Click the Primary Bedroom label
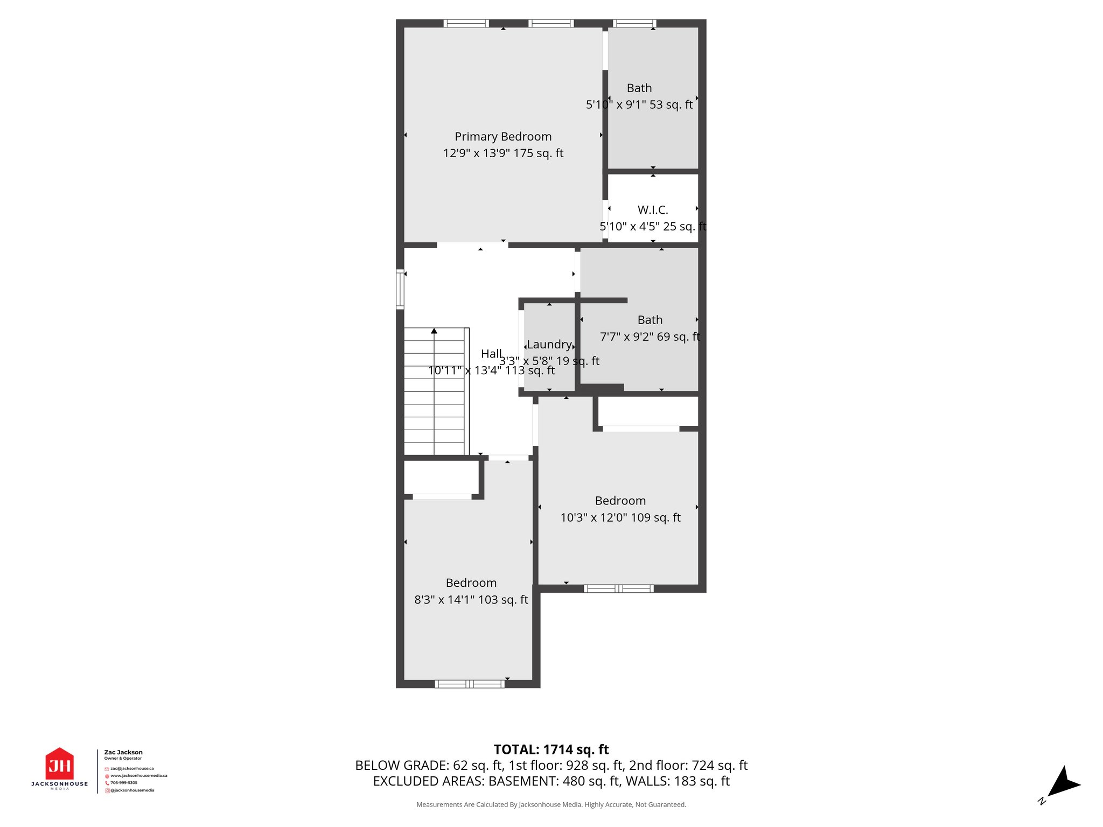click(x=503, y=137)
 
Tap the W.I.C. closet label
click(x=653, y=210)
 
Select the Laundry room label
click(x=549, y=345)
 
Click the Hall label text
click(x=491, y=354)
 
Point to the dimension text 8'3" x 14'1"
click(x=471, y=600)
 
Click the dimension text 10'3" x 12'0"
click(x=620, y=517)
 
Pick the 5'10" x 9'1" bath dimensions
click(x=639, y=104)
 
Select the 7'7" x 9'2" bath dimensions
click(x=650, y=337)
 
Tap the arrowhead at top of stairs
click(x=434, y=331)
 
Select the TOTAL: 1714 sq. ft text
click(x=551, y=749)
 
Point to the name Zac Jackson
click(x=123, y=752)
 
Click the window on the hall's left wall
click(x=400, y=289)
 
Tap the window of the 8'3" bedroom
click(x=470, y=684)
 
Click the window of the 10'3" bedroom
click(x=619, y=588)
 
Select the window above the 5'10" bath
click(x=635, y=23)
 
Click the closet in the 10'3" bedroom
click(x=648, y=412)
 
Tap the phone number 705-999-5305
click(x=124, y=783)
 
